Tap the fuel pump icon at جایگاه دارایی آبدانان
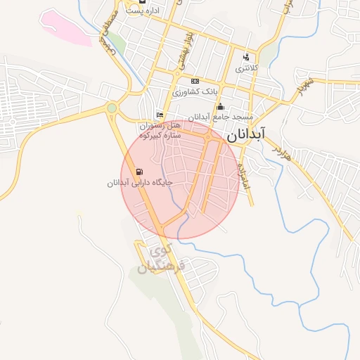click(x=139, y=172)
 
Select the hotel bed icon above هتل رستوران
click(x=160, y=115)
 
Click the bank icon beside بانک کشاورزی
click(x=195, y=82)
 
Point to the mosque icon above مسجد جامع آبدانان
click(x=220, y=106)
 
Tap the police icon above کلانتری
click(x=245, y=57)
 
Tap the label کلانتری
click(x=245, y=68)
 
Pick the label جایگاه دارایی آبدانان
click(x=140, y=183)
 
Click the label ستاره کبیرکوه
click(x=161, y=134)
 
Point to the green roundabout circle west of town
click(x=111, y=108)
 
